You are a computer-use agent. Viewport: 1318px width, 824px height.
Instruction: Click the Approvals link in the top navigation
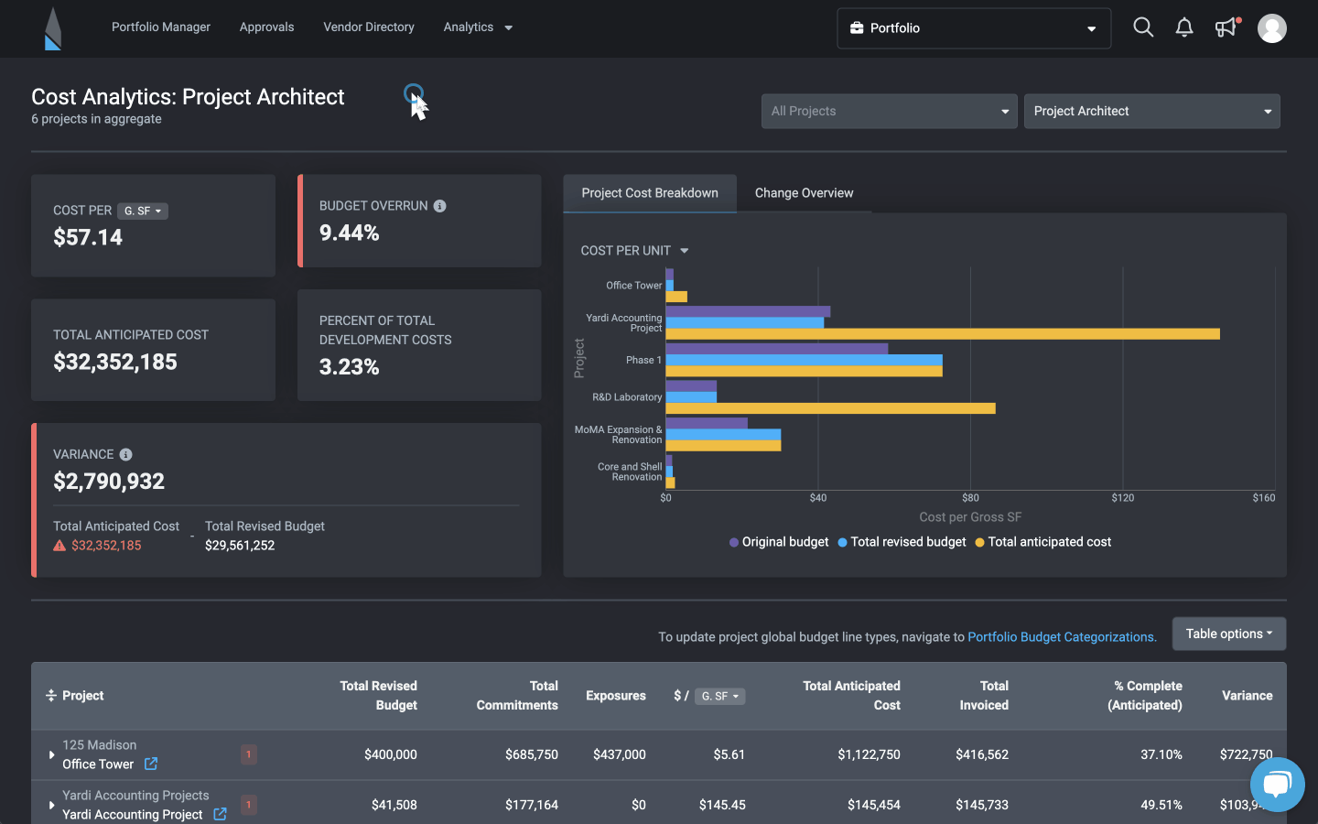266,27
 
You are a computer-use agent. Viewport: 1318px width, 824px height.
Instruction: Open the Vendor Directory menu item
368,27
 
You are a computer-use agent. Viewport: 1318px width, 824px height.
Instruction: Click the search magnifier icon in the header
1143,27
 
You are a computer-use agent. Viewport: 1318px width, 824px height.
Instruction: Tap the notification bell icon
1184,27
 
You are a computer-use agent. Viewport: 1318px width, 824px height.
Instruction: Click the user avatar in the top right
1271,28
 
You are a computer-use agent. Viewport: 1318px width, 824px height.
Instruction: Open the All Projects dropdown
889,111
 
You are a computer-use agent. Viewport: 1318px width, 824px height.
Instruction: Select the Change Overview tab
804,193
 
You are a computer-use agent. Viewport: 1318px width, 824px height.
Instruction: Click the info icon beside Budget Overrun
440,206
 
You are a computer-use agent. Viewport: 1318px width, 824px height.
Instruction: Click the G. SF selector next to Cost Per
143,211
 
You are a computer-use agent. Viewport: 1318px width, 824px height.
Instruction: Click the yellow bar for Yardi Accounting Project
943,334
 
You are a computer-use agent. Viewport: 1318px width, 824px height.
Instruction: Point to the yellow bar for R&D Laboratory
830,408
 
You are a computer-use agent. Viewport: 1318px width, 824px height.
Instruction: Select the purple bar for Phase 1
776,349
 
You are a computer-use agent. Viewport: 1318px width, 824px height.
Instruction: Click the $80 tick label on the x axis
970,498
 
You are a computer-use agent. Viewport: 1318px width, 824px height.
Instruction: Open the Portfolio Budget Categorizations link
1062,637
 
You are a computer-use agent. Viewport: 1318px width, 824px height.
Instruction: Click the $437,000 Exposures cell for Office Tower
619,754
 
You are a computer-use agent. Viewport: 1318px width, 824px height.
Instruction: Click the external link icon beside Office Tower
151,764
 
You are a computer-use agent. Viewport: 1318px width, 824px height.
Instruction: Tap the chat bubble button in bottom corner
1277,784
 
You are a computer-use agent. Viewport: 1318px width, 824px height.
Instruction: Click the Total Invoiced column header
984,696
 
